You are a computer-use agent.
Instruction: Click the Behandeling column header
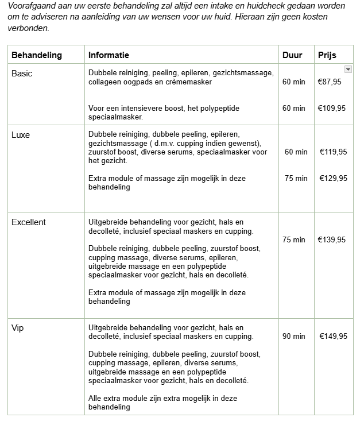pyautogui.click(x=37, y=55)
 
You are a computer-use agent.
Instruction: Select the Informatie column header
pyautogui.click(x=109, y=55)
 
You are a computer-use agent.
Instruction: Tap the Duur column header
pyautogui.click(x=292, y=55)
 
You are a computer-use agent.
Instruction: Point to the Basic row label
pyautogui.click(x=22, y=74)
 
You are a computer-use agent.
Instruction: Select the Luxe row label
pyautogui.click(x=21, y=136)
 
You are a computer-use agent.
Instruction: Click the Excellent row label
pyautogui.click(x=29, y=222)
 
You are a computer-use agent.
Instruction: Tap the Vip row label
pyautogui.click(x=17, y=327)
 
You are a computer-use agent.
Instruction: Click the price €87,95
pyautogui.click(x=330, y=82)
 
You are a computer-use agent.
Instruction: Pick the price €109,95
pyautogui.click(x=332, y=108)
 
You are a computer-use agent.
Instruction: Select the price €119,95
pyautogui.click(x=333, y=152)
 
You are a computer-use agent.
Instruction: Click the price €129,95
pyautogui.click(x=333, y=178)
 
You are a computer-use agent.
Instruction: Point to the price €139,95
pyautogui.click(x=332, y=240)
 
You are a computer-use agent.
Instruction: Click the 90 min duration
pyautogui.click(x=294, y=336)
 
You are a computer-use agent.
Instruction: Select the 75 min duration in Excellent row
pyautogui.click(x=294, y=240)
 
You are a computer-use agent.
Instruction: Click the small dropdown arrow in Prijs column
pyautogui.click(x=348, y=69)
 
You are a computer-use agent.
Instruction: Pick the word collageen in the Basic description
pyautogui.click(x=104, y=82)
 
